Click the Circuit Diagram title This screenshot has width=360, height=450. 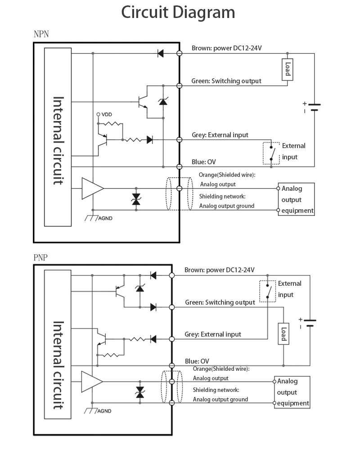[x=178, y=12]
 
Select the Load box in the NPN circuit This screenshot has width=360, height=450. [x=288, y=70]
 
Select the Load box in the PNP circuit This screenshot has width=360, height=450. [x=283, y=333]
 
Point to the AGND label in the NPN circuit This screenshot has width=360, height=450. [x=105, y=218]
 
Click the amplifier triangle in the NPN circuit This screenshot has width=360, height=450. [x=92, y=188]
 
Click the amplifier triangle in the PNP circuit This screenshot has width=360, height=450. [x=91, y=382]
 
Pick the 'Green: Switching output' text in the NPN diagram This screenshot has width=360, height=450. [x=226, y=81]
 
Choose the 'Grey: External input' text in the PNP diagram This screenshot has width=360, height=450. [x=213, y=334]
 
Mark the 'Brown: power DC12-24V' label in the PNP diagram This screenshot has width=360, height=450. [x=220, y=270]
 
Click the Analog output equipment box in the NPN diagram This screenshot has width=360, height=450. [x=296, y=199]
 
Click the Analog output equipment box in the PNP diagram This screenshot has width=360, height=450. [x=292, y=392]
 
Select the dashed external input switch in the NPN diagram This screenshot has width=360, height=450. [x=271, y=153]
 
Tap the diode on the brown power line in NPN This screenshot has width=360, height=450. [x=160, y=54]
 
